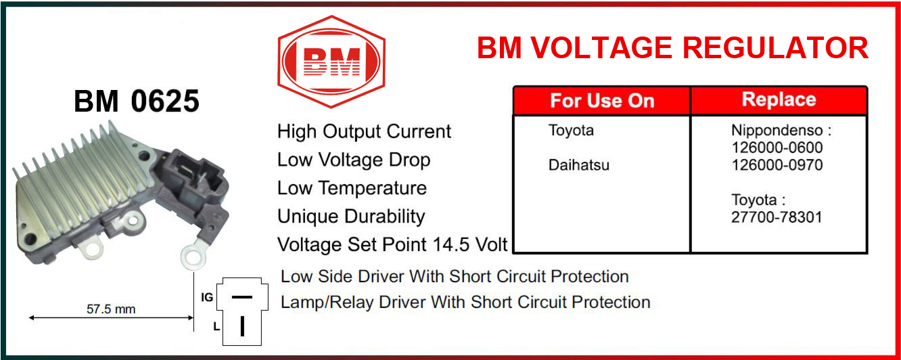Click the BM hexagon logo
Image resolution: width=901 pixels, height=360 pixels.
[x=331, y=62]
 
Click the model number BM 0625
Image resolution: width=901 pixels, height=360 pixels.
[x=137, y=101]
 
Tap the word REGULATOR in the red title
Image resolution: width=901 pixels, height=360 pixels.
[x=775, y=48]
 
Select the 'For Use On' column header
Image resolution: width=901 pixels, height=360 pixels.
[x=602, y=101]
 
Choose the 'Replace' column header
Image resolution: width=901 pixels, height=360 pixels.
[x=779, y=99]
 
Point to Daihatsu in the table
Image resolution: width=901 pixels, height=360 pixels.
[x=579, y=165]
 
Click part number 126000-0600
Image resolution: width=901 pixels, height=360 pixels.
[x=777, y=148]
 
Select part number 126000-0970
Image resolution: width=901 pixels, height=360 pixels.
[x=777, y=165]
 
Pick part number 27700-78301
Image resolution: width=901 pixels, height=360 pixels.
[x=777, y=217]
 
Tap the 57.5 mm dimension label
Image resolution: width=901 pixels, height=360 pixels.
[x=111, y=309]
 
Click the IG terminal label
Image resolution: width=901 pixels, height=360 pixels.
[x=207, y=297]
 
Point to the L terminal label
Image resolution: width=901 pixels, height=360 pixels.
[x=216, y=326]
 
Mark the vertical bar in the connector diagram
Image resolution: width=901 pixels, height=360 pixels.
[x=242, y=326]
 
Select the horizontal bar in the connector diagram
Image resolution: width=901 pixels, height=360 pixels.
[x=242, y=297]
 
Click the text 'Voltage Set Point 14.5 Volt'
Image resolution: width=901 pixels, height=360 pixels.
[x=392, y=244]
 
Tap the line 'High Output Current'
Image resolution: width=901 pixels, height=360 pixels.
[x=364, y=131]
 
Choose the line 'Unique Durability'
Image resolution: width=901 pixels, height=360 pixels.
[x=351, y=217]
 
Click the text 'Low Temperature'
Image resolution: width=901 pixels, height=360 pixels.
[x=352, y=188]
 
